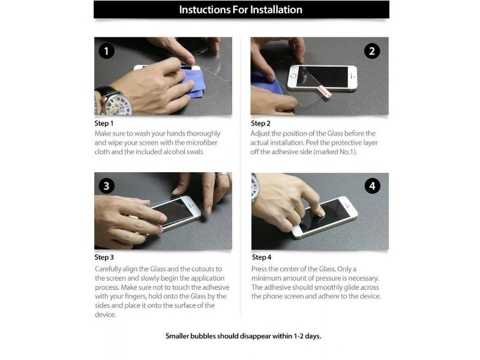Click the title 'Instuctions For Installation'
[x=241, y=10]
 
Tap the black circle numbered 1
[x=107, y=51]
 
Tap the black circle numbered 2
[x=372, y=51]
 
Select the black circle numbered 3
[x=107, y=186]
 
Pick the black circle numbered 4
[x=372, y=186]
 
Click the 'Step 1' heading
[x=104, y=124]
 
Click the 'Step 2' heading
[x=260, y=124]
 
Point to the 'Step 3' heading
[x=104, y=257]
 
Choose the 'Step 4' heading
[x=262, y=257]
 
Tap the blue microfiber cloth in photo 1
[x=191, y=83]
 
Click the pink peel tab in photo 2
[x=325, y=91]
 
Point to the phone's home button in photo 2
[x=293, y=76]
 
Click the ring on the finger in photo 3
[x=223, y=175]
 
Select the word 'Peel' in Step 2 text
[x=311, y=143]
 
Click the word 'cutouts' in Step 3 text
[x=202, y=269]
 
